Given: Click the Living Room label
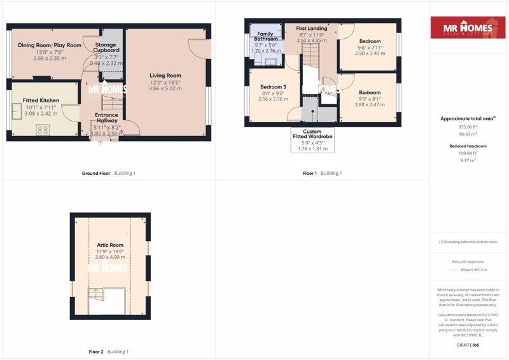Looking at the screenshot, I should click(x=165, y=76).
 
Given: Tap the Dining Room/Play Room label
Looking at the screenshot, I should click(x=50, y=45).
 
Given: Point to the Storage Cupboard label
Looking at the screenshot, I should click(x=107, y=48).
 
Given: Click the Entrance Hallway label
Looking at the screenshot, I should click(x=106, y=118).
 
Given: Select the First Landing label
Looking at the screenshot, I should click(x=312, y=29).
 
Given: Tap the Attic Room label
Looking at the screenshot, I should click(x=110, y=245).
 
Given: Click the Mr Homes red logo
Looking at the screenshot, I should click(x=468, y=28).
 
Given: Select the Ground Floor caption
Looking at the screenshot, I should click(x=95, y=174).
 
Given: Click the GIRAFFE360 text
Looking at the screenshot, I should click(x=468, y=345).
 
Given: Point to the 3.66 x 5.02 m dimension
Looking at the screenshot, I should click(x=165, y=88).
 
